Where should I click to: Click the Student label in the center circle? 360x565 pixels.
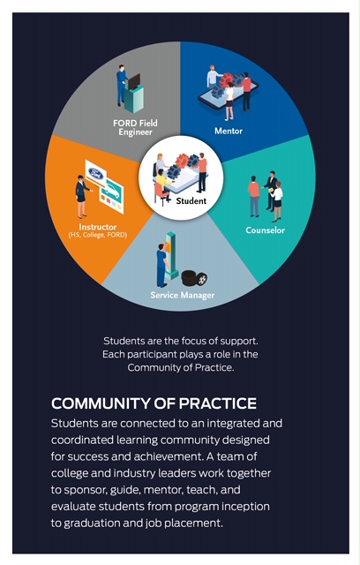pyautogui.click(x=191, y=200)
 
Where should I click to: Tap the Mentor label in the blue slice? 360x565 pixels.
pyautogui.click(x=229, y=131)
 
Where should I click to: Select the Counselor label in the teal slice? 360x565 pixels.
pyautogui.click(x=265, y=230)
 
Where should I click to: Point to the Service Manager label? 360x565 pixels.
pyautogui.click(x=182, y=295)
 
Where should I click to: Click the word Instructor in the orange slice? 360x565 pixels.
pyautogui.click(x=98, y=227)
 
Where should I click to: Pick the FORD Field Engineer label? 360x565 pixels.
pyautogui.click(x=135, y=127)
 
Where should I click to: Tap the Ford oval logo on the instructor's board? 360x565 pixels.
pyautogui.click(x=96, y=174)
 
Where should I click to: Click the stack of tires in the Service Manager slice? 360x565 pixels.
pyautogui.click(x=194, y=278)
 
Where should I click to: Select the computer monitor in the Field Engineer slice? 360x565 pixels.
pyautogui.click(x=134, y=81)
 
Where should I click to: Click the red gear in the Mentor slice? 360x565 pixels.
pyautogui.click(x=227, y=79)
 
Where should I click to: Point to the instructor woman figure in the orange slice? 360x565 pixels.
pyautogui.click(x=82, y=196)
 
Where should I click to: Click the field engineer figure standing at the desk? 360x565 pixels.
pyautogui.click(x=121, y=85)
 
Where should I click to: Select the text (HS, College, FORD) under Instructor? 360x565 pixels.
pyautogui.click(x=98, y=235)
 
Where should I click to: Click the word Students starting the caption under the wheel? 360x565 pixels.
pyautogui.click(x=121, y=341)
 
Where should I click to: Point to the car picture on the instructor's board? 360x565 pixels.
pyautogui.click(x=111, y=191)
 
